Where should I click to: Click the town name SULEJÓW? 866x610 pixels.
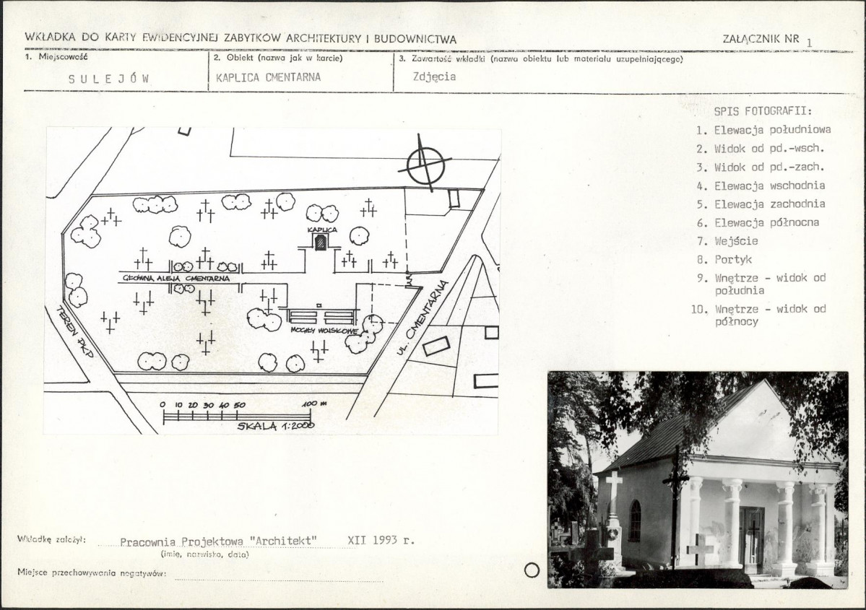pyautogui.click(x=109, y=79)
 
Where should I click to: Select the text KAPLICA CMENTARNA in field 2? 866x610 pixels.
pyautogui.click(x=269, y=77)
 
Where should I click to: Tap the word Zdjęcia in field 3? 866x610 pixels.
pyautogui.click(x=434, y=77)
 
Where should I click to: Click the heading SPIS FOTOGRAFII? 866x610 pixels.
pyautogui.click(x=763, y=111)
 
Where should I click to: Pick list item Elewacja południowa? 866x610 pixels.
pyautogui.click(x=773, y=130)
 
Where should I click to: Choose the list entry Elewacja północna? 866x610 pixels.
pyautogui.click(x=766, y=222)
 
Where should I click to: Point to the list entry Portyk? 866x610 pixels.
pyautogui.click(x=733, y=259)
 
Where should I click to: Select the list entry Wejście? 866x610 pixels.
pyautogui.click(x=736, y=241)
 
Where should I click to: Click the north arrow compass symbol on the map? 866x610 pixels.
pyautogui.click(x=426, y=164)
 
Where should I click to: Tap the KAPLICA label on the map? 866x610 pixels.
pyautogui.click(x=322, y=230)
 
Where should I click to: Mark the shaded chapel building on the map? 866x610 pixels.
pyautogui.click(x=320, y=242)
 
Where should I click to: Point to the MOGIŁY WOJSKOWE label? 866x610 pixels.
pyautogui.click(x=324, y=331)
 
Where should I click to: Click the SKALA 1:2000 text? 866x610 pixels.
pyautogui.click(x=276, y=426)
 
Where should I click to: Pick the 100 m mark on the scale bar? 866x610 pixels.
pyautogui.click(x=314, y=404)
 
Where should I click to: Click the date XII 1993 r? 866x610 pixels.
pyautogui.click(x=381, y=540)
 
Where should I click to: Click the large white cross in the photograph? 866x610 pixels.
pyautogui.click(x=614, y=484)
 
